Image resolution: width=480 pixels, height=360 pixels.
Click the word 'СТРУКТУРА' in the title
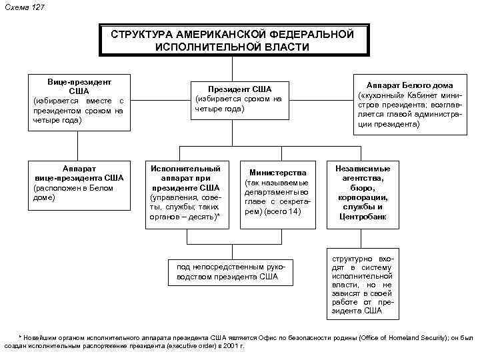coord(142,33)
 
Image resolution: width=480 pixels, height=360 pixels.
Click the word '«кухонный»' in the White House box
coord(382,95)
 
